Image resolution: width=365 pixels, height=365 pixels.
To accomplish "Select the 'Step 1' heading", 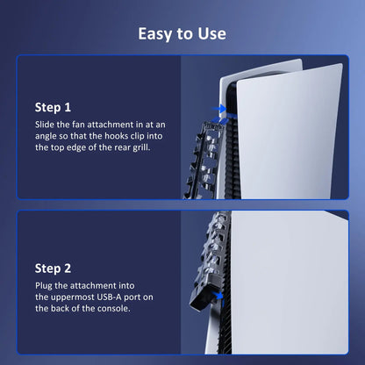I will tap(53, 107).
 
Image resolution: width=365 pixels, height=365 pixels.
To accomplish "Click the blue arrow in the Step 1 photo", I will tap(221, 111).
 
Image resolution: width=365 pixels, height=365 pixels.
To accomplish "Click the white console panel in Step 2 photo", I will tap(290, 281).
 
